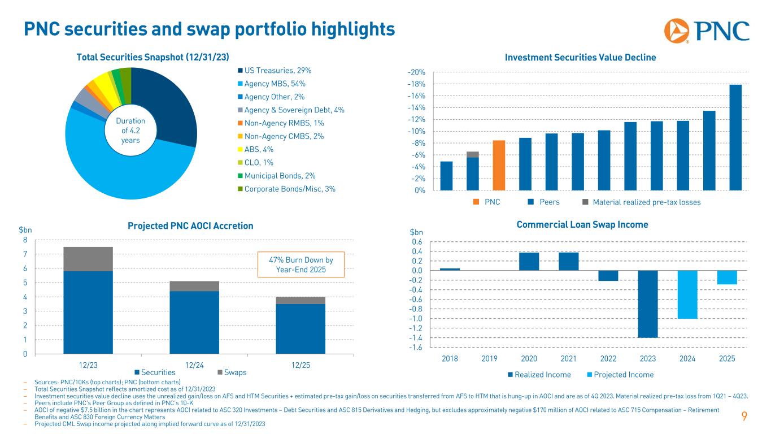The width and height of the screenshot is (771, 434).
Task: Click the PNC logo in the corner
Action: pyautogui.click(x=706, y=30)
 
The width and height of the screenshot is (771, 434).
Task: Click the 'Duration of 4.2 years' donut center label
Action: pyautogui.click(x=130, y=131)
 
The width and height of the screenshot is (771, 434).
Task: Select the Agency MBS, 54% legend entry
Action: pyautogui.click(x=276, y=84)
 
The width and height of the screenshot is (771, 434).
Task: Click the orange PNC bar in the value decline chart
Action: pyautogui.click(x=499, y=165)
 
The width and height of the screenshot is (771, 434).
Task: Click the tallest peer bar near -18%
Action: pyautogui.click(x=735, y=137)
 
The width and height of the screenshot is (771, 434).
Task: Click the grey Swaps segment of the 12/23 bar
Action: pyautogui.click(x=88, y=259)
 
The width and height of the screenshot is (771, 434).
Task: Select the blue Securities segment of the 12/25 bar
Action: pyautogui.click(x=300, y=329)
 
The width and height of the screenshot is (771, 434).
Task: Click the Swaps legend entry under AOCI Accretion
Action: pyautogui.click(x=232, y=373)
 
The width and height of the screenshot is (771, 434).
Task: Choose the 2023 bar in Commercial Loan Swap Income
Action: pyautogui.click(x=648, y=304)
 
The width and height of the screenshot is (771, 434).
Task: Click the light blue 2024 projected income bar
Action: pyautogui.click(x=687, y=294)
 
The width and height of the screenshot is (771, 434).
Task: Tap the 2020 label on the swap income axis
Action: pyautogui.click(x=529, y=359)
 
